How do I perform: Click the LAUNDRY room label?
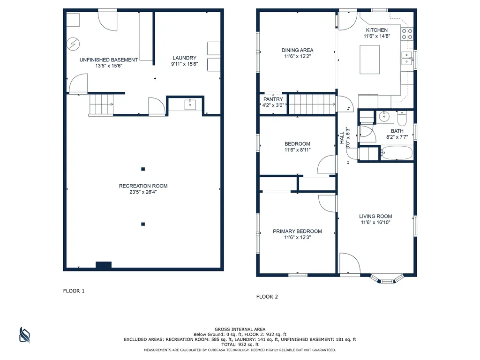tap(184, 58)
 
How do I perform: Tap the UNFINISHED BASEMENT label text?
tap(109, 60)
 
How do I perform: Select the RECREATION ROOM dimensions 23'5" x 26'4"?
tap(143, 192)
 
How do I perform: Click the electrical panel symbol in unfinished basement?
tap(73, 44)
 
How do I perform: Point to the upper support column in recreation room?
tap(143, 169)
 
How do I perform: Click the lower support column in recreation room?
tap(143, 224)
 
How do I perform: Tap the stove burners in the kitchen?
tap(407, 34)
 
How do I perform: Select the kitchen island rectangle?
tap(369, 60)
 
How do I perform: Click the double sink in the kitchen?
tap(407, 59)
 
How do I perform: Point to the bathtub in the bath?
tap(397, 153)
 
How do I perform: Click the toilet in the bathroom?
tap(402, 119)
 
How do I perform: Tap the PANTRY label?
tap(273, 99)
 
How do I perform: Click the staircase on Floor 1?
tap(101, 105)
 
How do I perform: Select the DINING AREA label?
tap(297, 50)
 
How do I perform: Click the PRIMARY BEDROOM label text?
tap(297, 232)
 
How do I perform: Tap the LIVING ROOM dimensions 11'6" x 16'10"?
tap(375, 223)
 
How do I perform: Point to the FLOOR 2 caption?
tap(267, 297)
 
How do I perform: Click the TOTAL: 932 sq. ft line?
tap(240, 345)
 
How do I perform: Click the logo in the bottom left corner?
tap(24, 335)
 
